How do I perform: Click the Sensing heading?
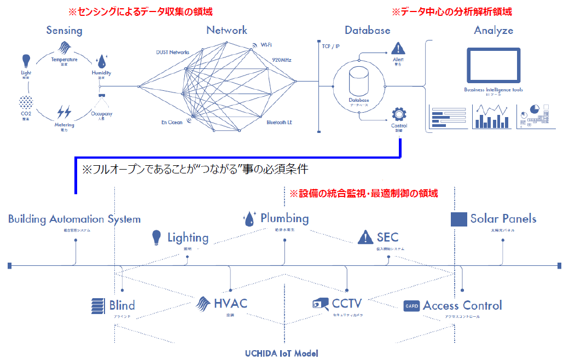click(x=64, y=30)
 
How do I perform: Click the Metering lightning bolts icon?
click(x=64, y=112)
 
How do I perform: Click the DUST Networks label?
click(x=172, y=53)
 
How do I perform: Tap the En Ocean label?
click(x=171, y=122)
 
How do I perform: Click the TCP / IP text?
click(x=330, y=47)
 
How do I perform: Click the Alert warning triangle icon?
click(x=398, y=48)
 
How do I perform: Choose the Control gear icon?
click(x=398, y=114)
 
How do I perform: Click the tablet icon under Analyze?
click(x=493, y=65)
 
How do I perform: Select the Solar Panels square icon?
click(x=458, y=219)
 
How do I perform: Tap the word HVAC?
click(x=230, y=304)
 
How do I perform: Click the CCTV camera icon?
click(x=321, y=304)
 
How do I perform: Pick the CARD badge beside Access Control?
click(x=411, y=306)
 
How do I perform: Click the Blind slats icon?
click(x=98, y=305)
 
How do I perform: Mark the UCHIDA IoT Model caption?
click(x=281, y=353)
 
